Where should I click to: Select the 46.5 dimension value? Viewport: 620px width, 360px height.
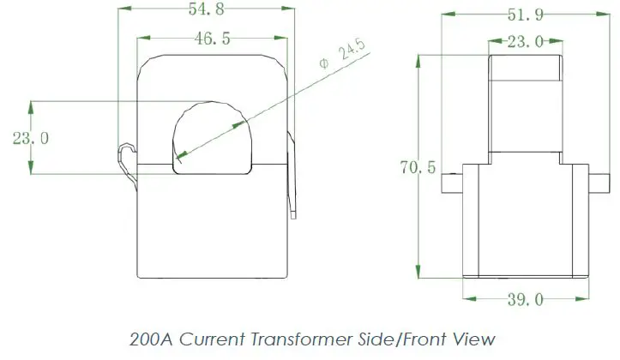click(211, 39)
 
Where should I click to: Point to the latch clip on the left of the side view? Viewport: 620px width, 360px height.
click(127, 164)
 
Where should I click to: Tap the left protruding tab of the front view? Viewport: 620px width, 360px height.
click(451, 182)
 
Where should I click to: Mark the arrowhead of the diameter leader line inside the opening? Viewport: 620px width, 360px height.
click(181, 155)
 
